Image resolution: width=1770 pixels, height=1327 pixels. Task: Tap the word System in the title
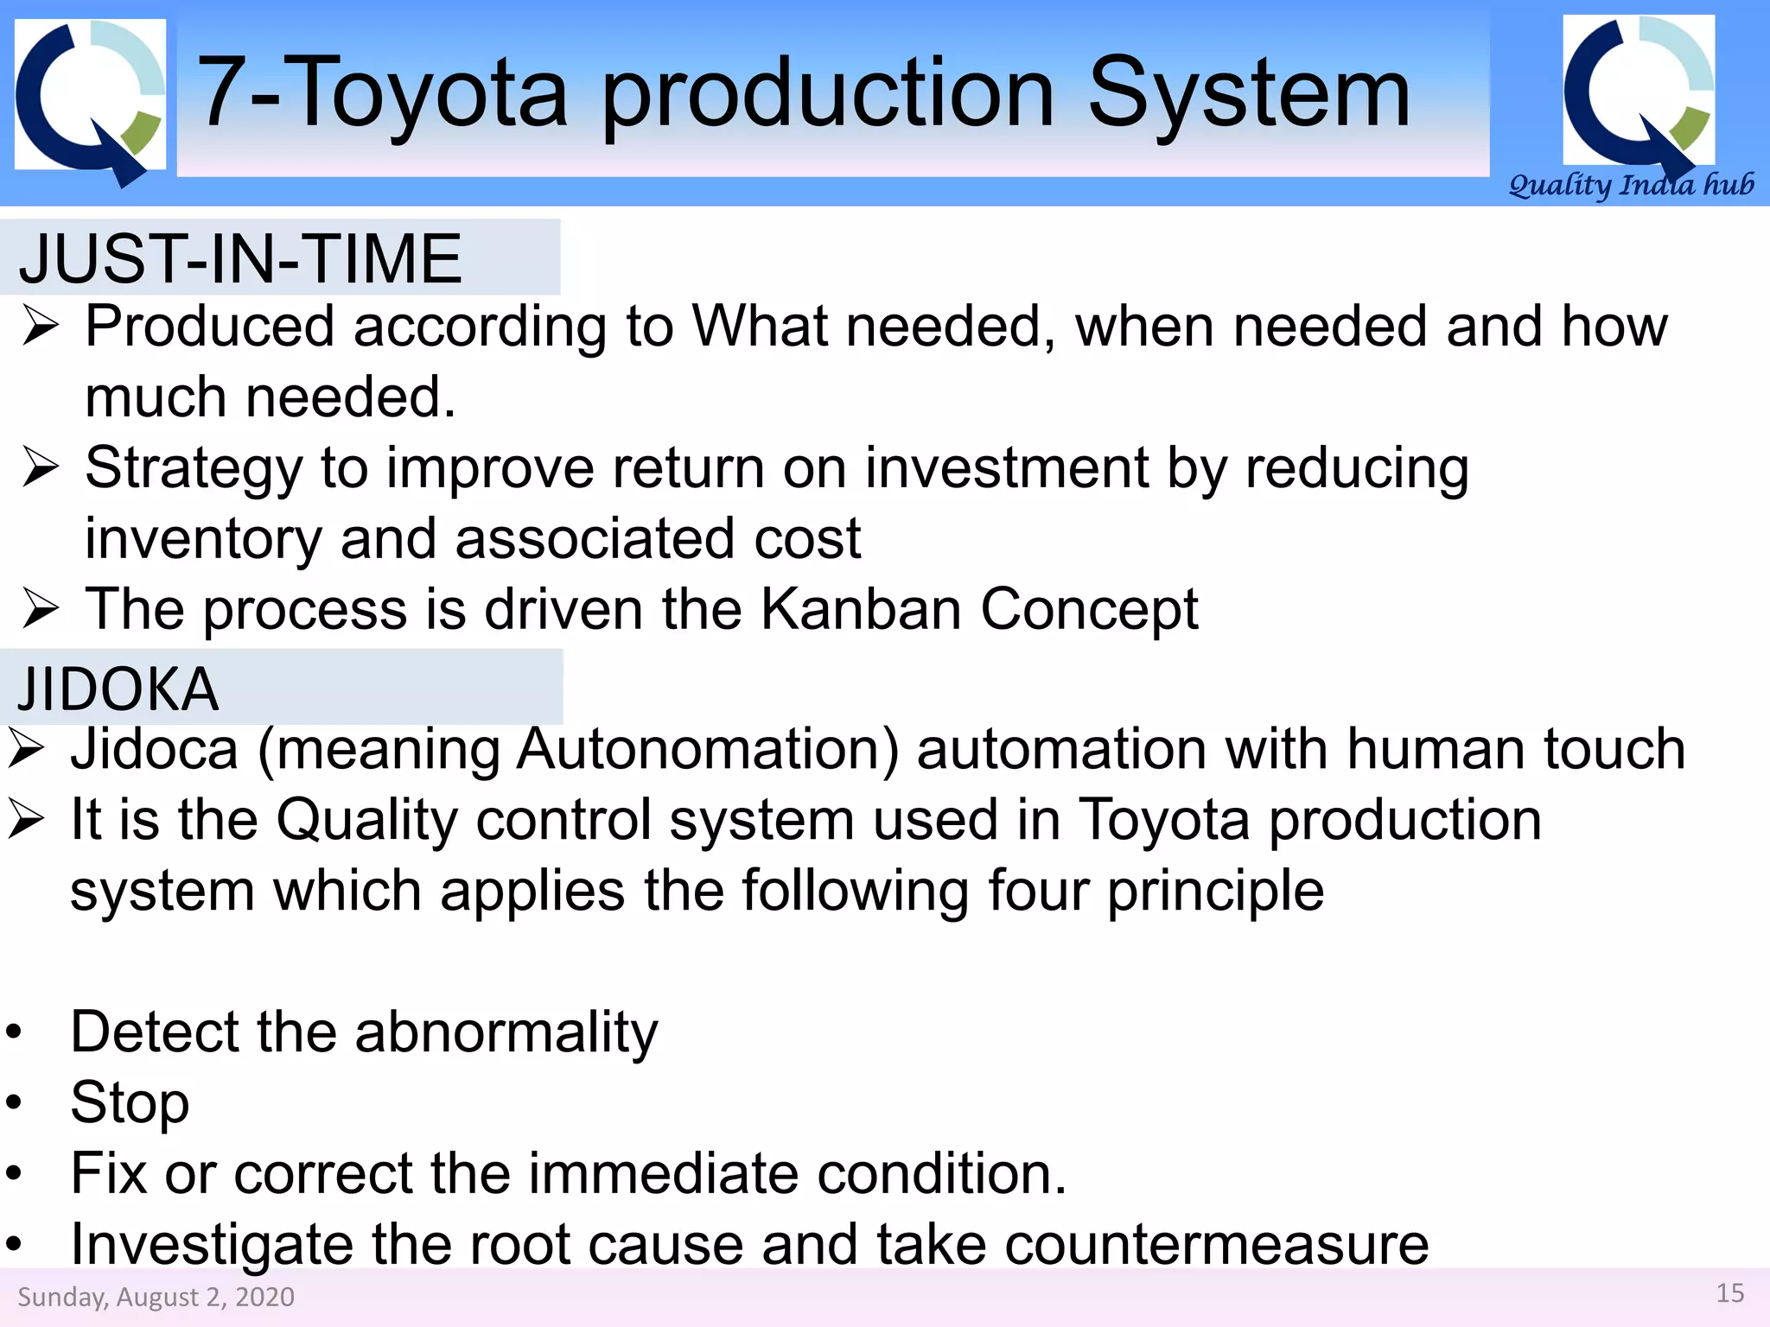point(1249,93)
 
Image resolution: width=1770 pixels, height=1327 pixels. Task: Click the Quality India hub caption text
point(1631,185)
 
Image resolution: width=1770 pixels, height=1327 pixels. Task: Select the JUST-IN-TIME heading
point(240,259)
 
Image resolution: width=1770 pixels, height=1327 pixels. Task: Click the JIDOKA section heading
point(118,689)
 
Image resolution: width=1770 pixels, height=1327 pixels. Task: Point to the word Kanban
point(861,609)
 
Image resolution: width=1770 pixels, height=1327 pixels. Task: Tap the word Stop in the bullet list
point(130,1103)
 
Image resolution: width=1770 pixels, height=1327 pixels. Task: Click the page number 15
point(1729,1293)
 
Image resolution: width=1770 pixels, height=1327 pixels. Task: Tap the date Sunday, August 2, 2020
point(156,1297)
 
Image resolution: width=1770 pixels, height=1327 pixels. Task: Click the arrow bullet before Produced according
point(41,327)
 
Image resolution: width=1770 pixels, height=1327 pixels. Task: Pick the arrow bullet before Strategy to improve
point(41,468)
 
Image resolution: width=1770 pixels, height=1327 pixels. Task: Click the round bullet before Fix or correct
point(13,1174)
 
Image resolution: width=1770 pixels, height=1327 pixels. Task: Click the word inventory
point(203,539)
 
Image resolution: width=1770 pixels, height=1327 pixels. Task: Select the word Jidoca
point(154,749)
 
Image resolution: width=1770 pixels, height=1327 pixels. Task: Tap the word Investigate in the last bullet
point(212,1245)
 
